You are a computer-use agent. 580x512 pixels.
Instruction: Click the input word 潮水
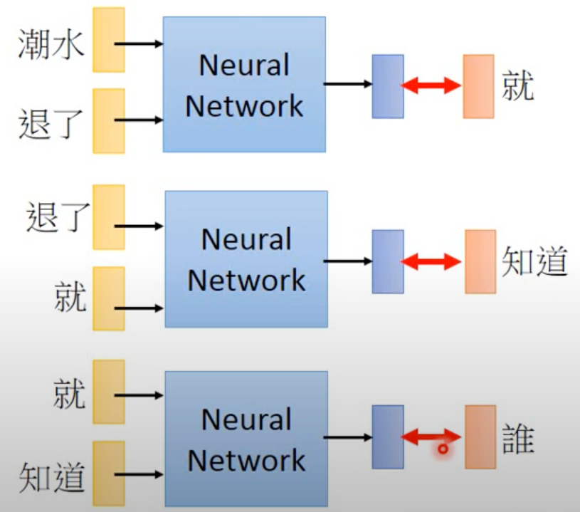(x=51, y=44)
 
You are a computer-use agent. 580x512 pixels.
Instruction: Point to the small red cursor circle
(x=443, y=449)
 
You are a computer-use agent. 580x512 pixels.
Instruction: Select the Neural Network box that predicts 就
(x=244, y=85)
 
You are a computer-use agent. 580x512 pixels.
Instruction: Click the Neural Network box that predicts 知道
(x=246, y=259)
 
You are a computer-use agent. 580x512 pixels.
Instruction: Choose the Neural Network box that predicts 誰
(x=246, y=439)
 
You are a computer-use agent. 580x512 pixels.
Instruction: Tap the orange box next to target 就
(x=478, y=86)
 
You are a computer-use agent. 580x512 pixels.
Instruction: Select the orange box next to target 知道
(x=480, y=261)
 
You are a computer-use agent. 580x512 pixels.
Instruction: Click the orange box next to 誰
(x=480, y=437)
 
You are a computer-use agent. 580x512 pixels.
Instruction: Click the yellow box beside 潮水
(x=109, y=40)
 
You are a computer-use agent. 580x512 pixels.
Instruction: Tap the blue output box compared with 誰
(x=388, y=437)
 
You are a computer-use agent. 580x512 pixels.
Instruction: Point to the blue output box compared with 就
(x=388, y=86)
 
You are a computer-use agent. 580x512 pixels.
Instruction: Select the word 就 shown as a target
(x=517, y=85)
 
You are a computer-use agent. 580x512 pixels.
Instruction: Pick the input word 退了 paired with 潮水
(x=51, y=123)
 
